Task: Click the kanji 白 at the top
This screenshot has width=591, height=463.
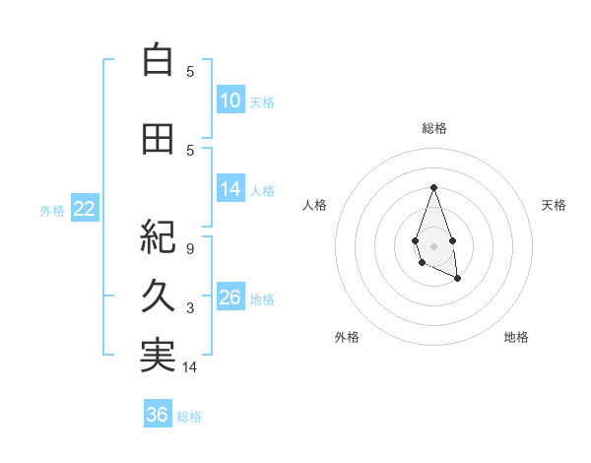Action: [158, 60]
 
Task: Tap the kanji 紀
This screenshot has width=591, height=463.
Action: [158, 237]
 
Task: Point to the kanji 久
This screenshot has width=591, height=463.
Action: [158, 297]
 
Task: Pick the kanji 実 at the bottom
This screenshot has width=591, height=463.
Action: [158, 356]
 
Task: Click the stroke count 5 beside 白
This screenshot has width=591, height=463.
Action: [190, 71]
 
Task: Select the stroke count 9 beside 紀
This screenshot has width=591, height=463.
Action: [190, 248]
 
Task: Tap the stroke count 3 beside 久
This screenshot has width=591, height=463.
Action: [190, 308]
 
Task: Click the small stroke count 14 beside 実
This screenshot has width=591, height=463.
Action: [190, 367]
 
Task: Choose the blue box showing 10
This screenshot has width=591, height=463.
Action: [230, 100]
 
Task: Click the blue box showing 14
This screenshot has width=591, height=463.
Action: [230, 189]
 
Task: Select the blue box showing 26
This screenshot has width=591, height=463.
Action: [230, 298]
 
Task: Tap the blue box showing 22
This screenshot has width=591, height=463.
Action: [85, 209]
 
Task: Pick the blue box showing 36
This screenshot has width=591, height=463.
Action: [158, 415]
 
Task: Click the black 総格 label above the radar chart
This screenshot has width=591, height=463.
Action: [433, 128]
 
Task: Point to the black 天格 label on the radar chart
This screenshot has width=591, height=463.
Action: [555, 205]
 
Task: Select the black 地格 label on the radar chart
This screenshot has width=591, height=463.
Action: [516, 337]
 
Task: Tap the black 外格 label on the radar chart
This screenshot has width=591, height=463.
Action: [347, 337]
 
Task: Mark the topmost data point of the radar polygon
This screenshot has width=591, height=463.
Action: [433, 187]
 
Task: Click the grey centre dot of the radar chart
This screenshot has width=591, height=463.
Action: [433, 244]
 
